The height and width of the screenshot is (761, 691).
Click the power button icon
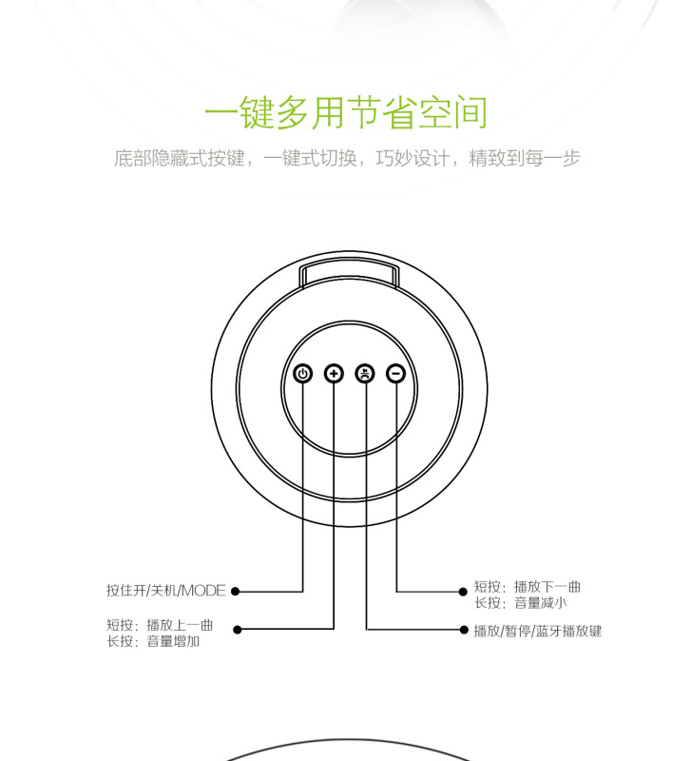click(302, 374)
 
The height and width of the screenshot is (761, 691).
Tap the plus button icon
click(334, 374)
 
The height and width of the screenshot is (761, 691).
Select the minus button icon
click(396, 374)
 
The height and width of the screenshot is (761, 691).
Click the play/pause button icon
click(365, 374)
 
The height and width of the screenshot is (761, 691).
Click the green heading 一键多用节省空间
click(346, 112)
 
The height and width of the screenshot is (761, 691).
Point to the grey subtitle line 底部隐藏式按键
click(346, 159)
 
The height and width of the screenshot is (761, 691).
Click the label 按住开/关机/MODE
click(166, 591)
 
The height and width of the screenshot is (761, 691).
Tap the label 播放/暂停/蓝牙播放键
click(538, 630)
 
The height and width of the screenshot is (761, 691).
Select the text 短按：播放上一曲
click(160, 625)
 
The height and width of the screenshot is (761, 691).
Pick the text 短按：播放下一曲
click(527, 586)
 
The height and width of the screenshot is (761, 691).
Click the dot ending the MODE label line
click(236, 591)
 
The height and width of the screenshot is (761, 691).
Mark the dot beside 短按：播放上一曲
click(238, 629)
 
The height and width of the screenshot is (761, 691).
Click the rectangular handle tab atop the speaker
click(349, 273)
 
